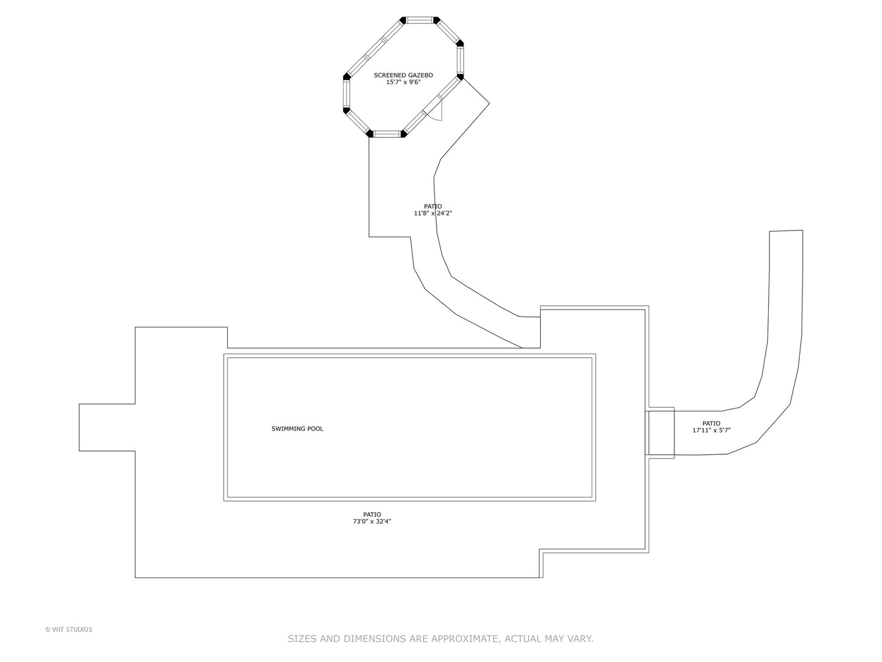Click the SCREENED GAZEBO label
403,75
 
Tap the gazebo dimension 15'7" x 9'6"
404,82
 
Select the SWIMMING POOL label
297,429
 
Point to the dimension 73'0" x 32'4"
372,522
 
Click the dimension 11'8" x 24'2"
433,213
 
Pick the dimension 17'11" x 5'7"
711,430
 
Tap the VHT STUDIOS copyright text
69,630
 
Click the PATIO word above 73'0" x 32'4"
372,514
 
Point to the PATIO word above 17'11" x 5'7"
711,423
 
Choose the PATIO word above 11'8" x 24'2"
433,207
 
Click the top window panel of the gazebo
420,20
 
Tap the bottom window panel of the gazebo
387,134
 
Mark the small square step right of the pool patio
660,433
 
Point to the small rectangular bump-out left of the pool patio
107,427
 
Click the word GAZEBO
420,75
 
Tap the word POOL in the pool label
315,429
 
